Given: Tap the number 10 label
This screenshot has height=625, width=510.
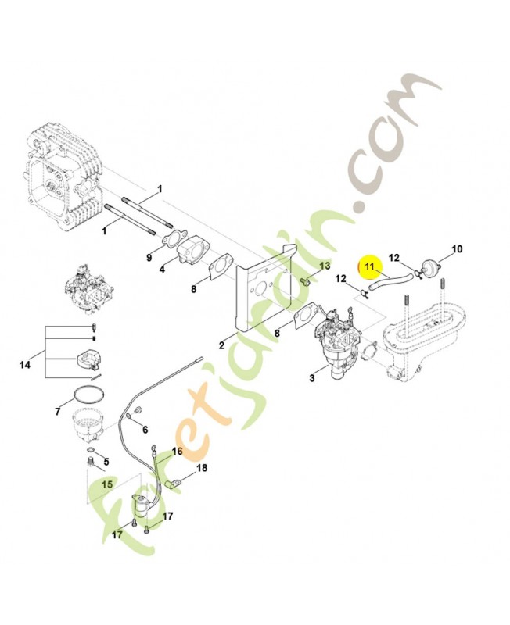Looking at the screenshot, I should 457,249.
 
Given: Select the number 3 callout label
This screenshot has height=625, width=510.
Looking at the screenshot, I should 313,378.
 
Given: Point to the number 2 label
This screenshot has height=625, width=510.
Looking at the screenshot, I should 221,345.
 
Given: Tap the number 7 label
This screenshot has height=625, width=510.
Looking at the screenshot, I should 57,410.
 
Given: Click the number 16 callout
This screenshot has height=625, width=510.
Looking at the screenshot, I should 177,452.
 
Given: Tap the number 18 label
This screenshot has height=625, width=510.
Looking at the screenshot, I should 202,468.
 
